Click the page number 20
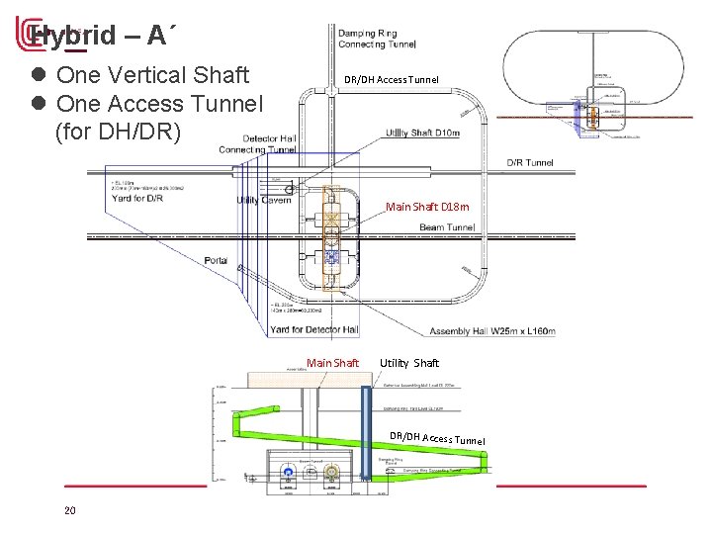(x=69, y=510)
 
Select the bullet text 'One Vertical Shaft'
(x=152, y=75)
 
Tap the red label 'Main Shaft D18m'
(x=428, y=207)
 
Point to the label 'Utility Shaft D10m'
(x=422, y=133)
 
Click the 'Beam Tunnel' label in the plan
(x=447, y=226)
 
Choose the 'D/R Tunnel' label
(x=530, y=162)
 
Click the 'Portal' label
(x=216, y=261)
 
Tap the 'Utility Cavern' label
(x=262, y=201)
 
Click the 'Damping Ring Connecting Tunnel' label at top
(x=377, y=39)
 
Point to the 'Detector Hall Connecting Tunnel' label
(x=259, y=143)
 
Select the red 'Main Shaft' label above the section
(x=332, y=363)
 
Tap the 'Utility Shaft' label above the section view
(x=409, y=363)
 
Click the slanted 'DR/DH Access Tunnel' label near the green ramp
(x=437, y=438)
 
